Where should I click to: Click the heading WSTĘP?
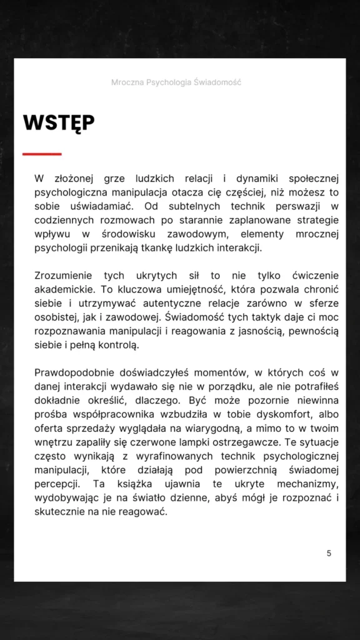[x=59, y=122]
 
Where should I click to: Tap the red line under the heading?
[x=42, y=154]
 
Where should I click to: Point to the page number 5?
[x=329, y=553]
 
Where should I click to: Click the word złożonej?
[x=74, y=179]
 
